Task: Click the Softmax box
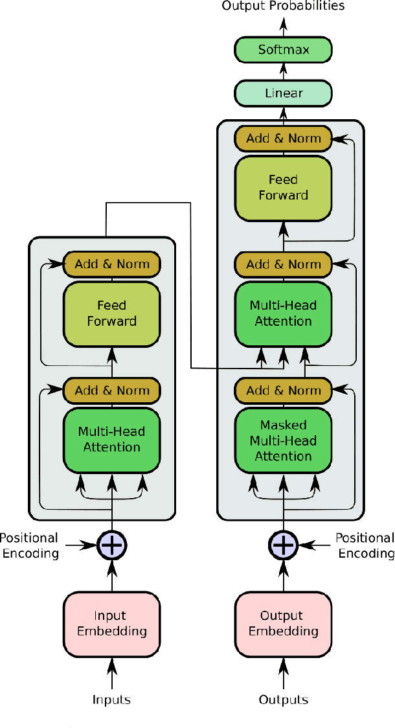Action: [x=283, y=50]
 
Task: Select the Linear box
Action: [x=283, y=93]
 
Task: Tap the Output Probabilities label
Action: [x=283, y=6]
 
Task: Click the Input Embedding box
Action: [x=111, y=623]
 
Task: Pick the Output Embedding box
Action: [x=283, y=623]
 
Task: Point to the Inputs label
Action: [x=111, y=700]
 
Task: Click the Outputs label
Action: [x=283, y=700]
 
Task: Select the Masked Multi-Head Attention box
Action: [x=283, y=440]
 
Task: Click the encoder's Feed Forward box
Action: [x=111, y=313]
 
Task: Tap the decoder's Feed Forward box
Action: [x=283, y=187]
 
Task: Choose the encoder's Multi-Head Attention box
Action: [x=111, y=439]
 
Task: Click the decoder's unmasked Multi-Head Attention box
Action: [x=283, y=313]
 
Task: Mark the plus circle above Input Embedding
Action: [x=111, y=545]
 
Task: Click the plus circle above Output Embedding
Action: [x=283, y=545]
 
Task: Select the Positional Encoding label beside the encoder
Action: [x=29, y=545]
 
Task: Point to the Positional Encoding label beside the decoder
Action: [x=365, y=545]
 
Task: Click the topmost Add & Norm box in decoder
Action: [x=283, y=138]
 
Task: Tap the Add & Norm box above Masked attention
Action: [x=283, y=391]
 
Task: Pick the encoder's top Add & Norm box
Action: [x=111, y=264]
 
